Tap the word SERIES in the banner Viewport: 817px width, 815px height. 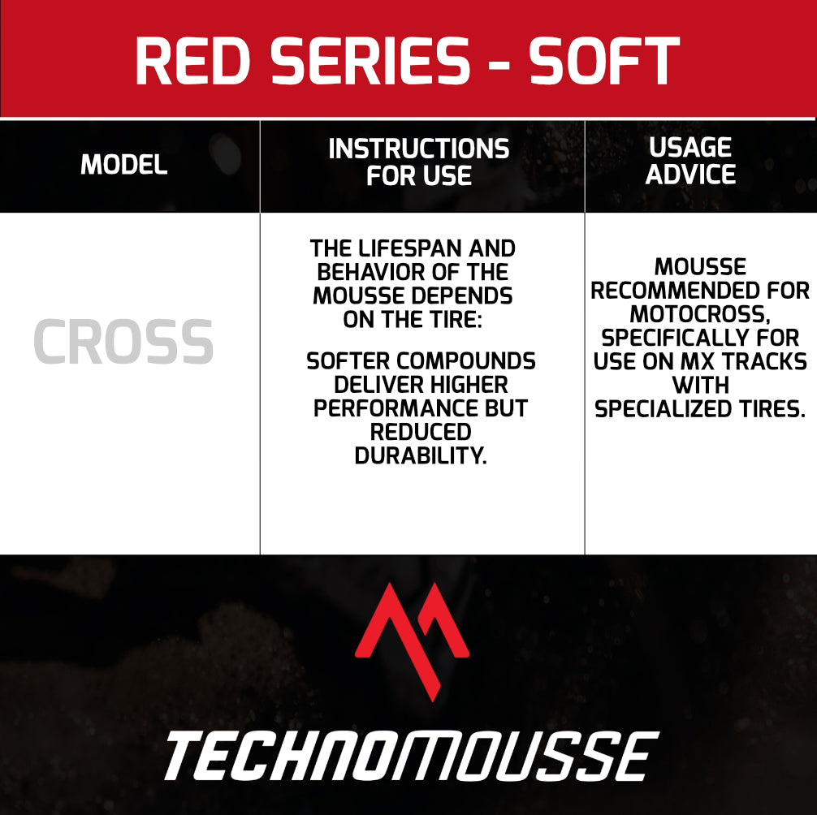[370, 61]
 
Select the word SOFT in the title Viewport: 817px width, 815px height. [604, 61]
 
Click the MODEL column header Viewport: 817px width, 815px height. [124, 165]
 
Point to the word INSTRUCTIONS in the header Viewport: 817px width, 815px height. [419, 149]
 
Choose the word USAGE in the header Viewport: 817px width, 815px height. [690, 148]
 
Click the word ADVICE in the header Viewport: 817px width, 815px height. [690, 174]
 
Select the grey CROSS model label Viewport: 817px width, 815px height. [123, 342]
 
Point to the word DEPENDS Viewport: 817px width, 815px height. [460, 295]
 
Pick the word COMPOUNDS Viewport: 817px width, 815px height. [465, 361]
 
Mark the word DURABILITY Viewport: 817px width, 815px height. [421, 455]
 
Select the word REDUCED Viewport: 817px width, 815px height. [421, 432]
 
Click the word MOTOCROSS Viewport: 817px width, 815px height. [700, 314]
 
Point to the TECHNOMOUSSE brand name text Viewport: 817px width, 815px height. [412, 755]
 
